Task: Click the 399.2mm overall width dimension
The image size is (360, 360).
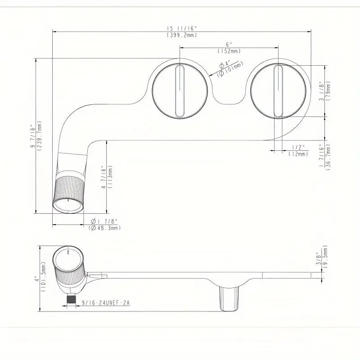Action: tap(182, 35)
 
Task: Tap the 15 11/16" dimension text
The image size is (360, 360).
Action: tap(182, 28)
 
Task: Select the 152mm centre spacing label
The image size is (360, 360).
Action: tap(229, 51)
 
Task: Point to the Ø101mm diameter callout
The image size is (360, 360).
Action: tap(231, 70)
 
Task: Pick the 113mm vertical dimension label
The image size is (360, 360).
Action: tap(110, 176)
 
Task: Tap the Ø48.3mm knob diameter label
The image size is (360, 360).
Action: tap(104, 228)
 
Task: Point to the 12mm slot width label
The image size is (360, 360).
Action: tap(298, 154)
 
